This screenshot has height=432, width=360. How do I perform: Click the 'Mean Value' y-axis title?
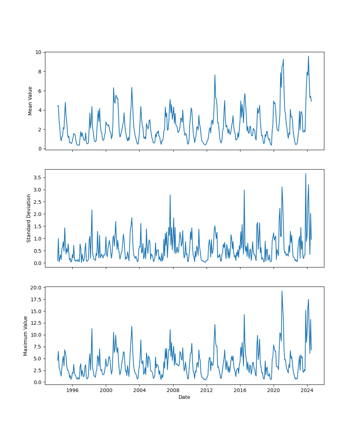tap(30, 101)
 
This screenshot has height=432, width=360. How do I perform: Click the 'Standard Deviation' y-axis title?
tap(29, 218)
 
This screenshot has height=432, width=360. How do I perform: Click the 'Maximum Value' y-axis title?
tap(26, 336)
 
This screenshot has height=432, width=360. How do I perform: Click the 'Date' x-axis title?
tap(184, 397)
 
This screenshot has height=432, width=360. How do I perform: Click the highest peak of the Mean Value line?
tap(308, 56)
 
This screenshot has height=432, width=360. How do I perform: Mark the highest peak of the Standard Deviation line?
tap(306, 174)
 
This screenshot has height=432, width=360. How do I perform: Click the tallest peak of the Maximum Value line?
tap(282, 291)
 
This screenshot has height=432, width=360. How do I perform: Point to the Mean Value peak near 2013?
tap(215, 75)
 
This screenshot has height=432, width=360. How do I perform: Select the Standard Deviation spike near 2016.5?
tap(244, 190)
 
